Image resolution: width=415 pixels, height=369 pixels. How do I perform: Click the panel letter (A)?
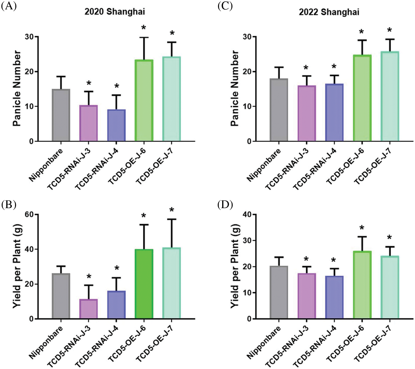click(x=9, y=6)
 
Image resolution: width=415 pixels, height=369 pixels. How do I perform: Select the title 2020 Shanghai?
click(x=115, y=12)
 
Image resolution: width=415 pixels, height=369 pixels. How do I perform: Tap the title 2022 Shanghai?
click(x=329, y=12)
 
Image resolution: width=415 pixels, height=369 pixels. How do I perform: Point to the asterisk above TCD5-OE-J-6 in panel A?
click(x=144, y=28)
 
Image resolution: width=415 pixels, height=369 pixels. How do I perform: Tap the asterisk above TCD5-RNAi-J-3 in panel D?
click(x=306, y=259)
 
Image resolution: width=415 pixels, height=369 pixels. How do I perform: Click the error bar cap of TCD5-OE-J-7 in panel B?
click(x=172, y=219)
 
